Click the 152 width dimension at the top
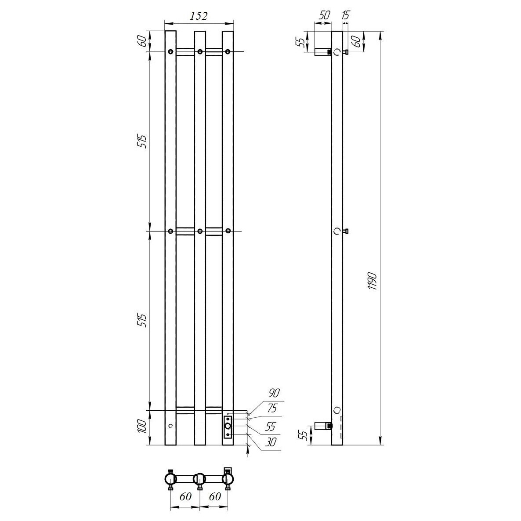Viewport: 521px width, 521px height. click(199, 16)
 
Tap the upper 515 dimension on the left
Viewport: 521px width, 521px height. click(142, 142)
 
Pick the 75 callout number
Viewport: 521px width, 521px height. click(272, 408)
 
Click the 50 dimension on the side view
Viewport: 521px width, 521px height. click(324, 15)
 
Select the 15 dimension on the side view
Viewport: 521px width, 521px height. click(346, 15)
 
